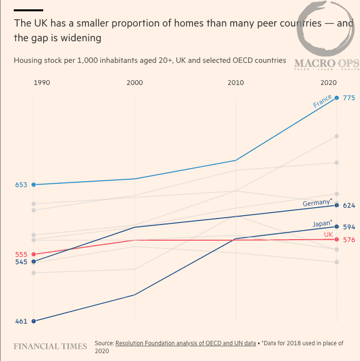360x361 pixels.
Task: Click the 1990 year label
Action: pyautogui.click(x=41, y=83)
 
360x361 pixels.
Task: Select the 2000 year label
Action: pyautogui.click(x=135, y=83)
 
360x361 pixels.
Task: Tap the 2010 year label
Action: pyautogui.click(x=236, y=83)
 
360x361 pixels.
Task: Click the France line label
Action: pyautogui.click(x=323, y=101)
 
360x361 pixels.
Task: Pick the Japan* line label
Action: pyautogui.click(x=322, y=224)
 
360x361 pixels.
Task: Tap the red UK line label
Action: pyautogui.click(x=328, y=235)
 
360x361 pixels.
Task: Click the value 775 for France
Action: pyautogui.click(x=349, y=98)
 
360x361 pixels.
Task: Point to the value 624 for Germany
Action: pyautogui.click(x=349, y=205)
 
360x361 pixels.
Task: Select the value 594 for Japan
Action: pyautogui.click(x=349, y=227)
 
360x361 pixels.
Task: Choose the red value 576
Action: pyautogui.click(x=349, y=240)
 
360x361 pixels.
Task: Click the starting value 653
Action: pyautogui.click(x=21, y=185)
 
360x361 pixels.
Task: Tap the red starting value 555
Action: pyautogui.click(x=21, y=254)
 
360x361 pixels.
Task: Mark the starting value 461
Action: pyautogui.click(x=21, y=322)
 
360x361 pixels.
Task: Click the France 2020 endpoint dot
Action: pyautogui.click(x=336, y=98)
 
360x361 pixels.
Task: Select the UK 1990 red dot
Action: pyautogui.click(x=33, y=254)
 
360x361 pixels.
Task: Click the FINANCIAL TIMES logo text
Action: pyautogui.click(x=50, y=346)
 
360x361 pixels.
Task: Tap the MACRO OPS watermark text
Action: pyautogui.click(x=327, y=63)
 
